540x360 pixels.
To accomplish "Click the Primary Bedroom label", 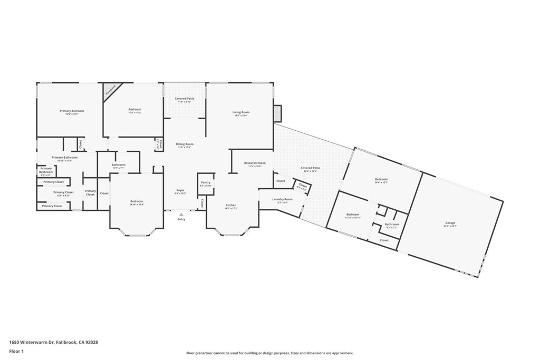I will click(72, 111).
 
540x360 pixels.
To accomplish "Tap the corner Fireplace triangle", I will click(110, 89).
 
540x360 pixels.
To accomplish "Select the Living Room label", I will click(241, 112).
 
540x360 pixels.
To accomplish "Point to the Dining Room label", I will click(185, 144).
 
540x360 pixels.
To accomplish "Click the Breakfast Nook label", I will click(255, 163).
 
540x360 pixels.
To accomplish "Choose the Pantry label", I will click(206, 183).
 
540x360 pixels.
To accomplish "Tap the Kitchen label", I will click(231, 205).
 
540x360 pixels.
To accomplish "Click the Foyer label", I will click(180, 190).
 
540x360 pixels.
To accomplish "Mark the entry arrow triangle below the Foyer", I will click(181, 214).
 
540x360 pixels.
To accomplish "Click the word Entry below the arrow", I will click(181, 219).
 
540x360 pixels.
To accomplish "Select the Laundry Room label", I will click(282, 199).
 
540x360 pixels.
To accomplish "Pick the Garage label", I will click(450, 223).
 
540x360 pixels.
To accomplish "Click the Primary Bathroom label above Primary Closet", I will click(64, 158).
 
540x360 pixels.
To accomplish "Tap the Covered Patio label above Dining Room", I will click(185, 99).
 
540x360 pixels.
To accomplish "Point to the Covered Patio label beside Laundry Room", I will click(311, 168).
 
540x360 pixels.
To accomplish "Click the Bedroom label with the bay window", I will click(137, 201).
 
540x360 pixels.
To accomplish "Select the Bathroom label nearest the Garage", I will click(392, 225).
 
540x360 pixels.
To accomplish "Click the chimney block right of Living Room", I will click(277, 113).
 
